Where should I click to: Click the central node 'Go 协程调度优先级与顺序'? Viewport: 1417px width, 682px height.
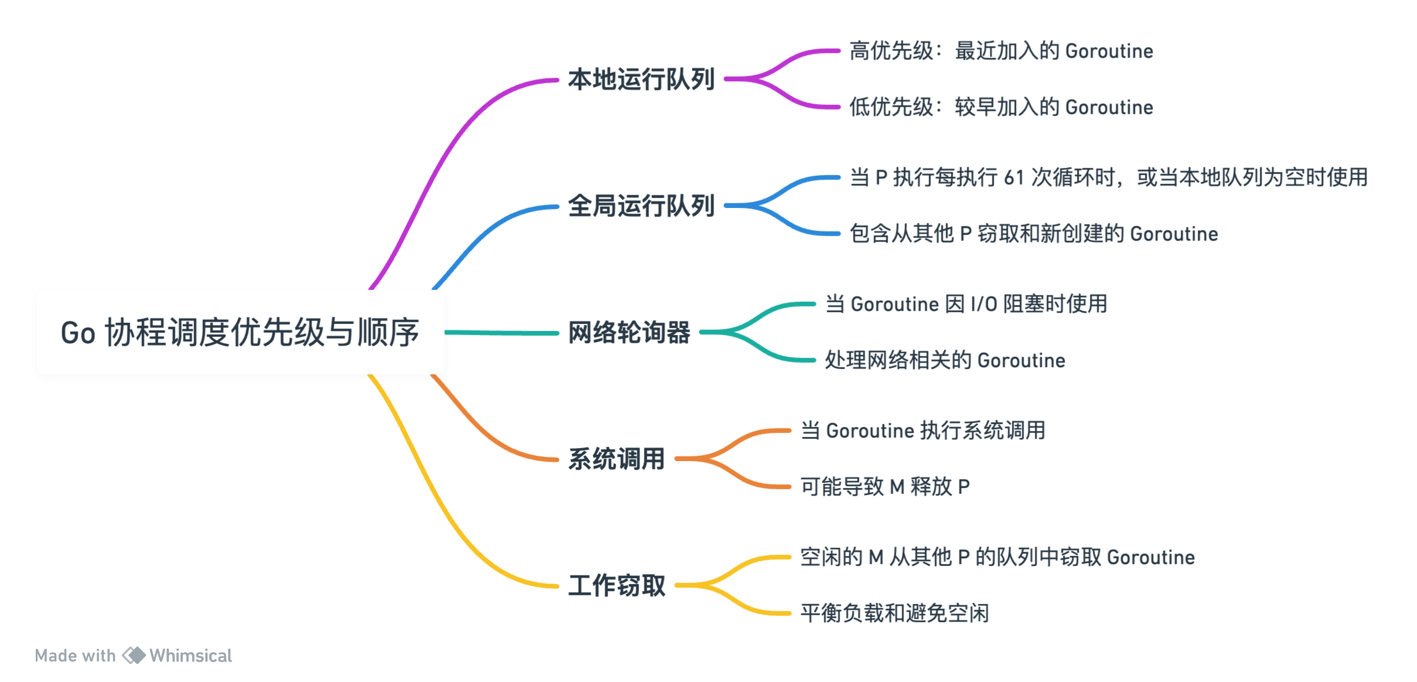[240, 332]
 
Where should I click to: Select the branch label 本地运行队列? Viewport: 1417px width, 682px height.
[641, 79]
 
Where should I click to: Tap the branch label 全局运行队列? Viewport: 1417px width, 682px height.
[641, 206]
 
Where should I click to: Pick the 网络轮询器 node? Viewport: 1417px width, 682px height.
[629, 332]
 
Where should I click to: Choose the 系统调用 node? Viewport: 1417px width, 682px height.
[616, 459]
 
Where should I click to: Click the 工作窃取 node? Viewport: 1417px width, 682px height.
[616, 585]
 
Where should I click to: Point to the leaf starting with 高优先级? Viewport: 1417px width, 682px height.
[1001, 51]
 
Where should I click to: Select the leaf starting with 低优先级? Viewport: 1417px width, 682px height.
[1001, 107]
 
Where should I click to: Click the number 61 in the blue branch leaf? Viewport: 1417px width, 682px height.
[1014, 177]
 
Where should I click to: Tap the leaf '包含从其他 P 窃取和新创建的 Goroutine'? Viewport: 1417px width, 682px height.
[1034, 234]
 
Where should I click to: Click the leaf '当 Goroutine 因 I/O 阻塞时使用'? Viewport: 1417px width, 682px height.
[966, 304]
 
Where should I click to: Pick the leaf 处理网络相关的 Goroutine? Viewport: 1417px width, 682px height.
[944, 360]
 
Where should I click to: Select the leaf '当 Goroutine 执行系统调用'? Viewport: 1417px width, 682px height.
[923, 431]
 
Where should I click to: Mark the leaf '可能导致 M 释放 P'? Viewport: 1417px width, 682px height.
[885, 486]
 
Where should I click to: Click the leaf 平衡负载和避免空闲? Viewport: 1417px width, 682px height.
[894, 613]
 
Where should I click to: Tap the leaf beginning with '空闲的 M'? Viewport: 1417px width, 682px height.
[997, 557]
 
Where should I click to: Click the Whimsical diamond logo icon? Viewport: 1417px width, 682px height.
[134, 655]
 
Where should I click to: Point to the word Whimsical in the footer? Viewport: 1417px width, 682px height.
[191, 655]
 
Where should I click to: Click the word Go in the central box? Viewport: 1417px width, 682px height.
[78, 333]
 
